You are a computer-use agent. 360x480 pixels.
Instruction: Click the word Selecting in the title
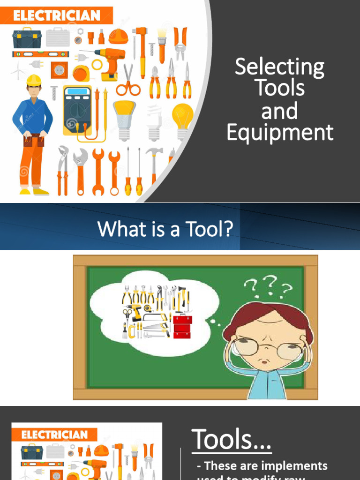point(279,67)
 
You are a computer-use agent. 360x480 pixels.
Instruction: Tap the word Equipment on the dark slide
point(280,133)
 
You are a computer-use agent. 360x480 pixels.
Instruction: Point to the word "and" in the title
point(279,111)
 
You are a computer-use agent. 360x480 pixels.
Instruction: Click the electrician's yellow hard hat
point(34,80)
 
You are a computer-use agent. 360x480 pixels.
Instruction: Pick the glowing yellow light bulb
point(182,115)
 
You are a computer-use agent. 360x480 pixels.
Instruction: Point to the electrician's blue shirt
point(33,115)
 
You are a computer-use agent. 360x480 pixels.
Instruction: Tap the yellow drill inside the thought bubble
point(134,311)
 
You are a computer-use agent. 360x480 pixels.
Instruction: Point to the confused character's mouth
point(265,362)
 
